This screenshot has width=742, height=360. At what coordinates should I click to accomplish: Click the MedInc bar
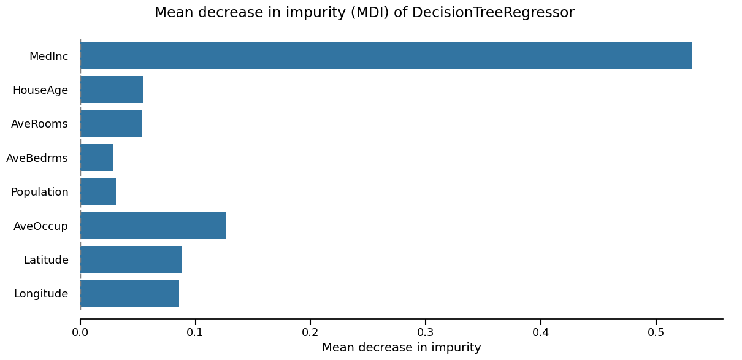(386, 56)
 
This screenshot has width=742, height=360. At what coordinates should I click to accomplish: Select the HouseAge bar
(112, 90)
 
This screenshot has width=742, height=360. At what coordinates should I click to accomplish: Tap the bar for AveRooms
(111, 123)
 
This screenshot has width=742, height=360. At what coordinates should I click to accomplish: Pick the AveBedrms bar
(97, 158)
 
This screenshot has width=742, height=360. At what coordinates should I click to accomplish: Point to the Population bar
(98, 191)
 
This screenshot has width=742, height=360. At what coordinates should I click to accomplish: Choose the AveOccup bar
(153, 225)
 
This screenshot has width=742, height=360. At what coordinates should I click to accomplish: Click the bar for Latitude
(131, 259)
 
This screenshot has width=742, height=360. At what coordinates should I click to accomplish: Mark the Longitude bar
(129, 293)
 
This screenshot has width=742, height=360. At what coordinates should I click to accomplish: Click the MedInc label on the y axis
(48, 56)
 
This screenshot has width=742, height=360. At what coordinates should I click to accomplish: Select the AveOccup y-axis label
(40, 226)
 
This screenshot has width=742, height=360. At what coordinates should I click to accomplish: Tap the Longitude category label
(41, 294)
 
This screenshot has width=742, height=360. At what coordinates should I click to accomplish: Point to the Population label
(39, 192)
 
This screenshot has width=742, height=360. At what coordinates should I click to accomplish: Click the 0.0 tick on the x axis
(80, 332)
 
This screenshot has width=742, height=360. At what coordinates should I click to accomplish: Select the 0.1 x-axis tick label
(195, 332)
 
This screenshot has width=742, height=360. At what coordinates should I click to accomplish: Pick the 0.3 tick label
(426, 332)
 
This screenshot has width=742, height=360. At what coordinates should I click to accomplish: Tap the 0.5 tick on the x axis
(656, 332)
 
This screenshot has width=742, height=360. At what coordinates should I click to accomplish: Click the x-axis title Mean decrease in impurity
(401, 348)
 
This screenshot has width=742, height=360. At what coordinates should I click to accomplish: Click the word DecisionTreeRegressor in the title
(493, 13)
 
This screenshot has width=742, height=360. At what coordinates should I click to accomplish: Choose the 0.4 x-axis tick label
(540, 332)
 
